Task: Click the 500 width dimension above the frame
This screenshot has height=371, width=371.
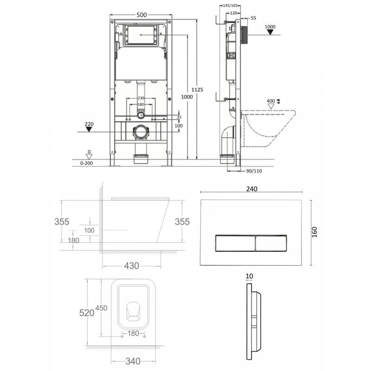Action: pyautogui.click(x=141, y=15)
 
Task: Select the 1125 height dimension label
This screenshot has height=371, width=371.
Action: pyautogui.click(x=197, y=90)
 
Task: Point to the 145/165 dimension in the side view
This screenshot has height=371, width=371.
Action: pyautogui.click(x=230, y=6)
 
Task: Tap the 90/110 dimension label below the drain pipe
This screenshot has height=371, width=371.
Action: pyautogui.click(x=254, y=171)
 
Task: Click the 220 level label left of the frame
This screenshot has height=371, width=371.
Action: pyautogui.click(x=89, y=124)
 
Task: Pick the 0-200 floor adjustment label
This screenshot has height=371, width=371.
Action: pyautogui.click(x=87, y=163)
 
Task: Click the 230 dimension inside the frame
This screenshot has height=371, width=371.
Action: pyautogui.click(x=141, y=98)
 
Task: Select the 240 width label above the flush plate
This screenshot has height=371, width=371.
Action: pyautogui.click(x=252, y=189)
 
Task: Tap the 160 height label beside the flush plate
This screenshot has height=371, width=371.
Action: pyautogui.click(x=314, y=232)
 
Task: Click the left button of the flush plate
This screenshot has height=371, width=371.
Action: pyautogui.click(x=235, y=243)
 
